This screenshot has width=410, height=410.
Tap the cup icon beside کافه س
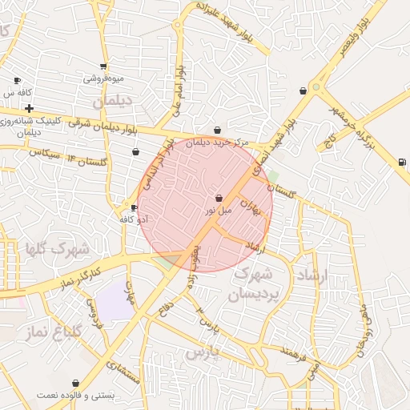18,81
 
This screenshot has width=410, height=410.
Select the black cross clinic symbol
29,108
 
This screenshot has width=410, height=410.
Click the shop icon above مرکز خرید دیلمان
218,130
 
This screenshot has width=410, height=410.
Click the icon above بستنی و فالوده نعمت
76,384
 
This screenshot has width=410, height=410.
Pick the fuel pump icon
401,163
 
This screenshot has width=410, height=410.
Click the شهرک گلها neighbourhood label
57,249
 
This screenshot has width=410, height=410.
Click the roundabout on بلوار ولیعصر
316,86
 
